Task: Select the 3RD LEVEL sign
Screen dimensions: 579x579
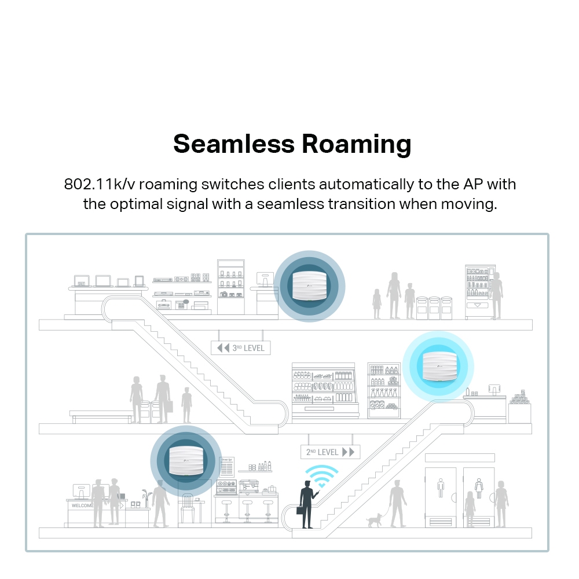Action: (240, 347)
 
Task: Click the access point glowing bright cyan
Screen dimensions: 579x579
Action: (438, 366)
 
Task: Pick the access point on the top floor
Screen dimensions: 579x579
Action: (309, 285)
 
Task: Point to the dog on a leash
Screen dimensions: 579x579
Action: (374, 519)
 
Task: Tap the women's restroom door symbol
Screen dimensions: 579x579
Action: (479, 488)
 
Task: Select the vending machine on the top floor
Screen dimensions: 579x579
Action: (480, 292)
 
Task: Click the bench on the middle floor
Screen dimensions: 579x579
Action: (101, 414)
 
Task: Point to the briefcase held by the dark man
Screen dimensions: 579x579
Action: (301, 511)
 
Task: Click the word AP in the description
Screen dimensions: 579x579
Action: (474, 185)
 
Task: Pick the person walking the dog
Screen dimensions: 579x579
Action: (398, 503)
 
